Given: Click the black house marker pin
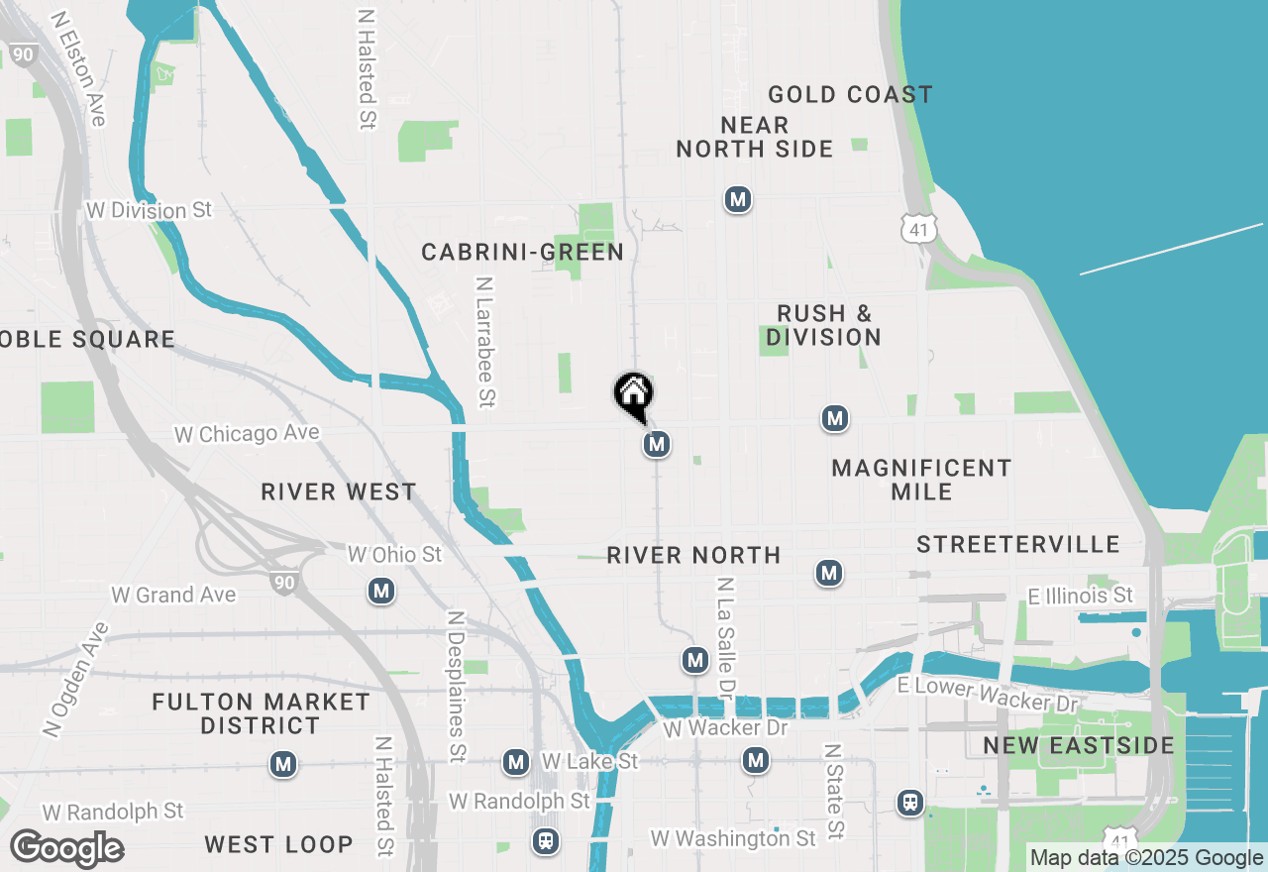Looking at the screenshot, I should [x=634, y=394].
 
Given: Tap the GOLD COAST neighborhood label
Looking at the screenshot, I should [x=850, y=95].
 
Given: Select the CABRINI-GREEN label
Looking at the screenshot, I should [x=523, y=253].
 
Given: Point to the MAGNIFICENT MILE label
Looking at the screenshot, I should [x=921, y=480].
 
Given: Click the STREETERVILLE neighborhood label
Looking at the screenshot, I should [x=1018, y=545].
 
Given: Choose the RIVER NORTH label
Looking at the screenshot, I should [x=693, y=555].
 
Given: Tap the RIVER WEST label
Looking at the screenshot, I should [x=339, y=492].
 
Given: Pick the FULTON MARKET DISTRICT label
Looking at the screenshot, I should [x=262, y=713].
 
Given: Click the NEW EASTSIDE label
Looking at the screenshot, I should [x=1079, y=746].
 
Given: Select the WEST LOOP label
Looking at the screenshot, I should [x=278, y=844].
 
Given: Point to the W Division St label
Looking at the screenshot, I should [x=150, y=211].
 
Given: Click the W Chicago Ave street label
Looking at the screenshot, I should [x=247, y=434].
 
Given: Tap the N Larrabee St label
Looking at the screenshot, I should [x=485, y=342].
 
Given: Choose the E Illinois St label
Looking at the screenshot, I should [x=1080, y=596].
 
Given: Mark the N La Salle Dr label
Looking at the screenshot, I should [x=726, y=639].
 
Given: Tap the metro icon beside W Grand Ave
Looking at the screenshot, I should [x=381, y=592].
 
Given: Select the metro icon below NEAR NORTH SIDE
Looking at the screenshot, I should [x=737, y=199].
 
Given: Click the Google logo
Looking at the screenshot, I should [x=66, y=849].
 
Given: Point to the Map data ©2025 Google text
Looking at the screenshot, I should [x=1146, y=858].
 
